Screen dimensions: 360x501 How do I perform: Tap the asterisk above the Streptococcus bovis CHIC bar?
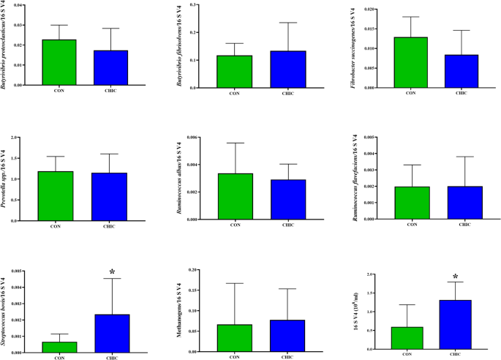[x=112, y=273]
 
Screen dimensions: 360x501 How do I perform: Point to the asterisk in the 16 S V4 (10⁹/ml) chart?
[x=455, y=277]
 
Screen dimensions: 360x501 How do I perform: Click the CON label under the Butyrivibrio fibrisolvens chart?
[x=235, y=94]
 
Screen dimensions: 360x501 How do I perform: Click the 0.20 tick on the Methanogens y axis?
[x=192, y=270]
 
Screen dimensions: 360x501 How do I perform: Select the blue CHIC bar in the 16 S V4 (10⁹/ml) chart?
[x=455, y=325]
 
